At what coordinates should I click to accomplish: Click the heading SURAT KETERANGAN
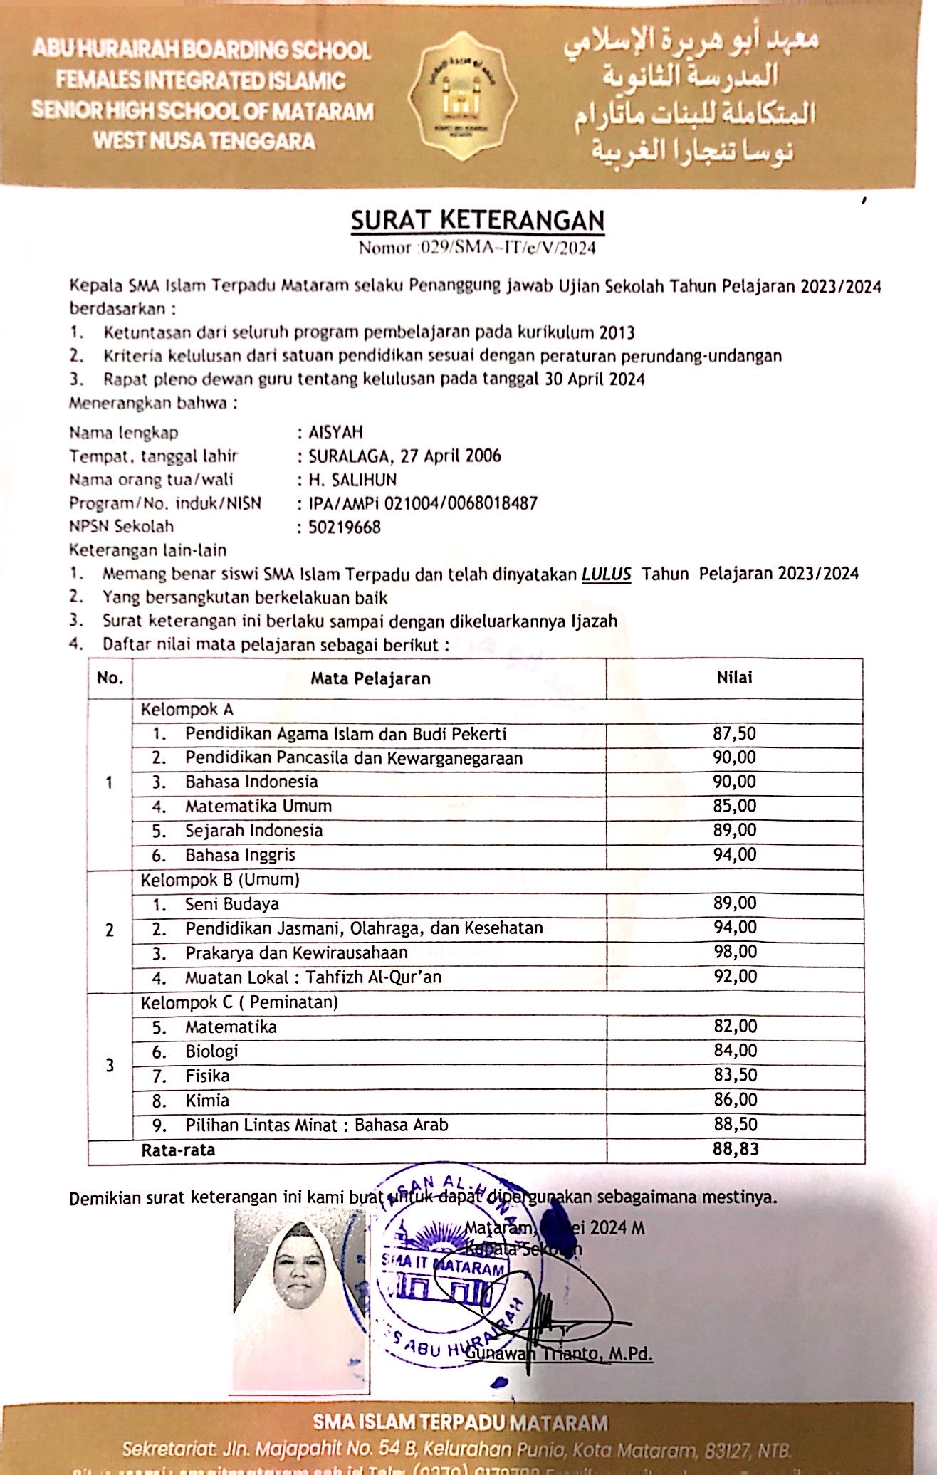[477, 220]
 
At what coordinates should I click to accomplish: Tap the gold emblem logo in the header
[462, 97]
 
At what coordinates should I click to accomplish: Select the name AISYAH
[335, 432]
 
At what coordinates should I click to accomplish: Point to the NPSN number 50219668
[345, 527]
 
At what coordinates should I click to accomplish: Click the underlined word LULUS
[606, 574]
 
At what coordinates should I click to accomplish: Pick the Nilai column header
[734, 678]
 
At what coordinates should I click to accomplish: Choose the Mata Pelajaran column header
[370, 678]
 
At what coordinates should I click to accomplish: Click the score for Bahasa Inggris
[735, 854]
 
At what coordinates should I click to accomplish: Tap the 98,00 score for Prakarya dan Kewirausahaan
[736, 952]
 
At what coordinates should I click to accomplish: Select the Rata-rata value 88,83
[736, 1149]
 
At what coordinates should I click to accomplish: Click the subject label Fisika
[207, 1076]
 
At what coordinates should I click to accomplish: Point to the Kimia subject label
[207, 1101]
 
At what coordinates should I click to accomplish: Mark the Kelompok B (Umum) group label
[220, 880]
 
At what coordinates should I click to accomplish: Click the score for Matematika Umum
[735, 806]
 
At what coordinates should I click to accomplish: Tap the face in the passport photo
[298, 1271]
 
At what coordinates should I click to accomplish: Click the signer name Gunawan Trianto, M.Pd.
[560, 1353]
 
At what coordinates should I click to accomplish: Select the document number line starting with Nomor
[477, 248]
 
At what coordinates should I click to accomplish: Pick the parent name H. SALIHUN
[352, 480]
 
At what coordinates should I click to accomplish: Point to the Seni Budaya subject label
[232, 904]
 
